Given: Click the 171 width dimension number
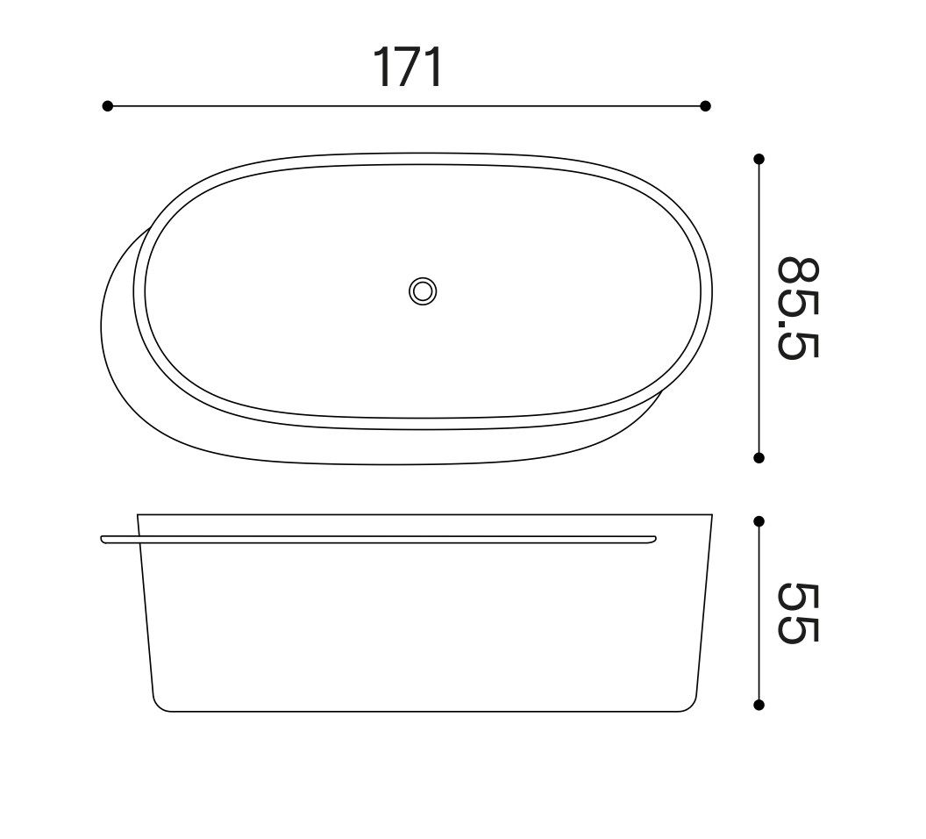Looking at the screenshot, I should (x=409, y=68).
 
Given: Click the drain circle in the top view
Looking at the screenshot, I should (x=423, y=291).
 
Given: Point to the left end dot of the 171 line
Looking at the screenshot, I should (x=108, y=106).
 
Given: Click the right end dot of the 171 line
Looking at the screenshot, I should (x=705, y=106).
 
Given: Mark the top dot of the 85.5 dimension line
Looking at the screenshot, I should (x=759, y=159).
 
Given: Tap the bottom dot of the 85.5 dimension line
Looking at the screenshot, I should (x=759, y=457).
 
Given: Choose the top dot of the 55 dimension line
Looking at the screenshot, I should (x=759, y=521).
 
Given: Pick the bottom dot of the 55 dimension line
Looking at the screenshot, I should (x=759, y=704).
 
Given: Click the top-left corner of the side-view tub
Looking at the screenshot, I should (x=139, y=515).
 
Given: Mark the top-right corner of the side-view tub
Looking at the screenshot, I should (x=711, y=515).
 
